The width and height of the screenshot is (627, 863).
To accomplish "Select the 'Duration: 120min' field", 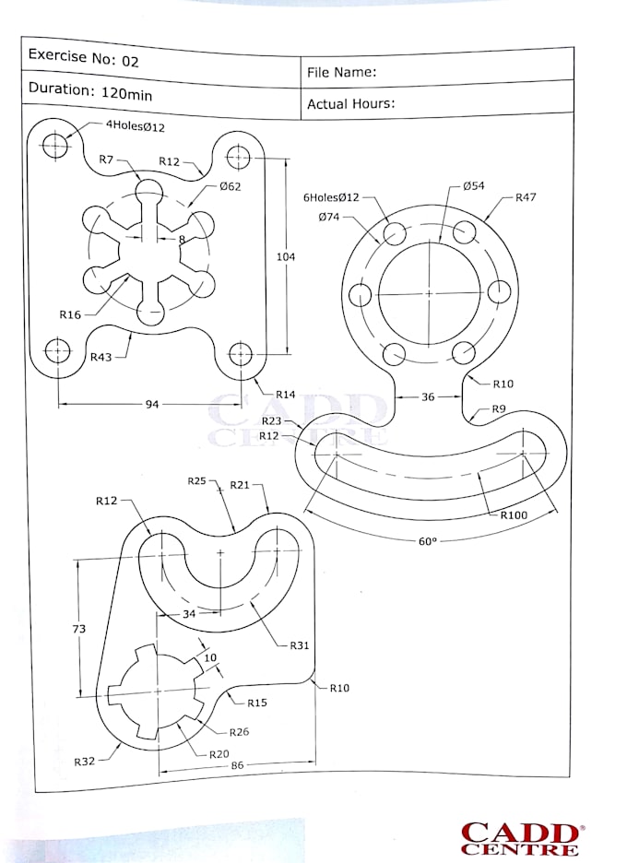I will pos(90,91).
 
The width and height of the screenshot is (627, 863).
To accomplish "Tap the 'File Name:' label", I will pos(341,72).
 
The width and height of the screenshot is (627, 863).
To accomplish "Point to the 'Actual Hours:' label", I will pos(350,103).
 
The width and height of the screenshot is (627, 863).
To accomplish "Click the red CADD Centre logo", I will pos(520,839).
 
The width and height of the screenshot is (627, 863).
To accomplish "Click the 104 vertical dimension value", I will pos(286,256).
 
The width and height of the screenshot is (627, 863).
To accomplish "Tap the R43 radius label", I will pos(101,357).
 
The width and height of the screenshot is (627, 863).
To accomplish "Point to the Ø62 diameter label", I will pos(230,186).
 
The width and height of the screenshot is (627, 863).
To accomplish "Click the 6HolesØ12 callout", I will pos(331,197).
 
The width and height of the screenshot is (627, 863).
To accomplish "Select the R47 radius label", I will pos(526,197).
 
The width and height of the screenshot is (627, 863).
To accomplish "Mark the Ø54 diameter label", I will pos(473,186).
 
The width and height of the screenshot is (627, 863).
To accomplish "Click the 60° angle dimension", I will pos(427,541).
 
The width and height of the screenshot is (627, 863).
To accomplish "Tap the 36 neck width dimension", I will pos(428,397).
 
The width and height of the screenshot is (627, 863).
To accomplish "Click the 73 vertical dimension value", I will pos(79,629).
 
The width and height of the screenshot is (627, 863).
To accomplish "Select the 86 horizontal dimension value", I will pos(237,764).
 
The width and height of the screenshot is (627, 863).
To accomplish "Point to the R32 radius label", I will pos(86,762).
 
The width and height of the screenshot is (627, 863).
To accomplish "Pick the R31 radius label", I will pos(299,645).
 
